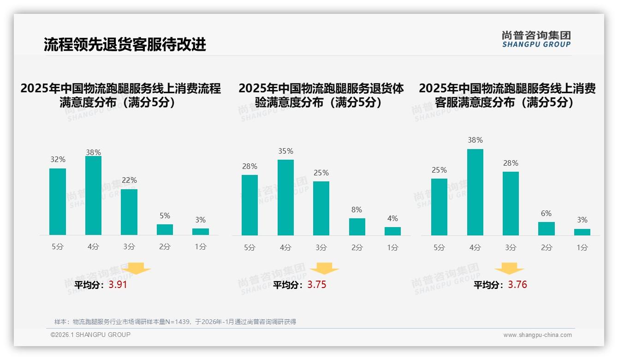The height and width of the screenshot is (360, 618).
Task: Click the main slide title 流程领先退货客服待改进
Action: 125,44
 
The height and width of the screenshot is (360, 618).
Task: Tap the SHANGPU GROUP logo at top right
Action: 536,39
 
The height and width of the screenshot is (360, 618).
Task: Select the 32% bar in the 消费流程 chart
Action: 58,202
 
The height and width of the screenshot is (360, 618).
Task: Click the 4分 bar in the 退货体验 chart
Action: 285,198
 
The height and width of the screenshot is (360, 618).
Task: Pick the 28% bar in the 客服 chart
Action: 511,204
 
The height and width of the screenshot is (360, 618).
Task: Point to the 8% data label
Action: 357,210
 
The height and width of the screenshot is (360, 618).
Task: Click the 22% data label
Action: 129,180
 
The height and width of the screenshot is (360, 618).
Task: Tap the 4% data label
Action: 392,218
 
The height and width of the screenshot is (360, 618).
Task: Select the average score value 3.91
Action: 118,285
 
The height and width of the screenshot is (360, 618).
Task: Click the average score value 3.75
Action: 317,285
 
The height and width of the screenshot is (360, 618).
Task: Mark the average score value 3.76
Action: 517,285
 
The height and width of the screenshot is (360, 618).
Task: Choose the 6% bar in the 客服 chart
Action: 547,228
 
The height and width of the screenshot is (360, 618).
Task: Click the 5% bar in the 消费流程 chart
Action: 165,229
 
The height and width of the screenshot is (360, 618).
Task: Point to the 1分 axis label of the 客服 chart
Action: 582,247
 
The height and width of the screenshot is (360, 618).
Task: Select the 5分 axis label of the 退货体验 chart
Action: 250,247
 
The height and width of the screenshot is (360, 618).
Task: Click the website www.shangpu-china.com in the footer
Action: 537,335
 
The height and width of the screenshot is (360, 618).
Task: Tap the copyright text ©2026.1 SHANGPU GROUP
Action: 90,335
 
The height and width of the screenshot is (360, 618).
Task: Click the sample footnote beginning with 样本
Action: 175,322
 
